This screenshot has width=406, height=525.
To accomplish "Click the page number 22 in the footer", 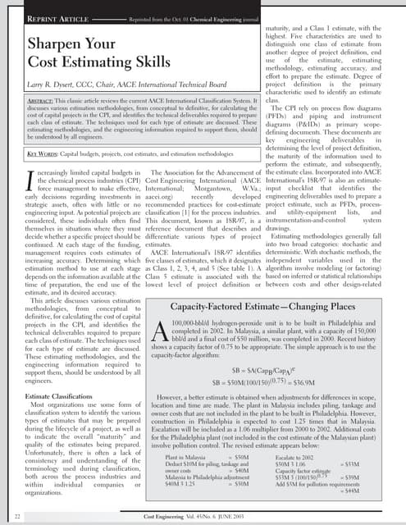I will pos(19,516).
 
